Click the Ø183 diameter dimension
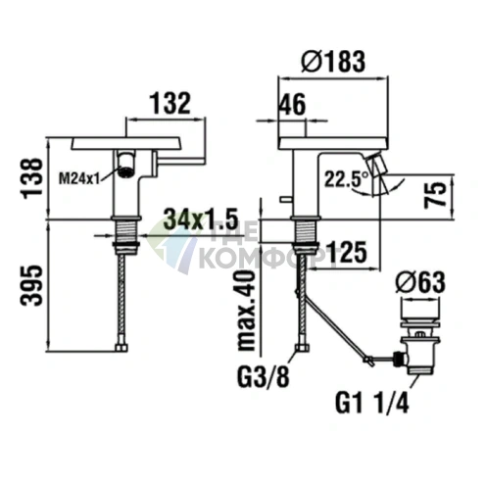pos(333,62)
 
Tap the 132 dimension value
pos(170,104)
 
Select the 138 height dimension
pos(32,178)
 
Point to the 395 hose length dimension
pos(32,285)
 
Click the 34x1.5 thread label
pos(200,219)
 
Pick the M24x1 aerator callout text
pos(78,178)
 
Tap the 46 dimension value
pos(293,105)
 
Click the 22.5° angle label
pos(347,179)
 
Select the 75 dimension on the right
pos(435,195)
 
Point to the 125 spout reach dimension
pos(347,252)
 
